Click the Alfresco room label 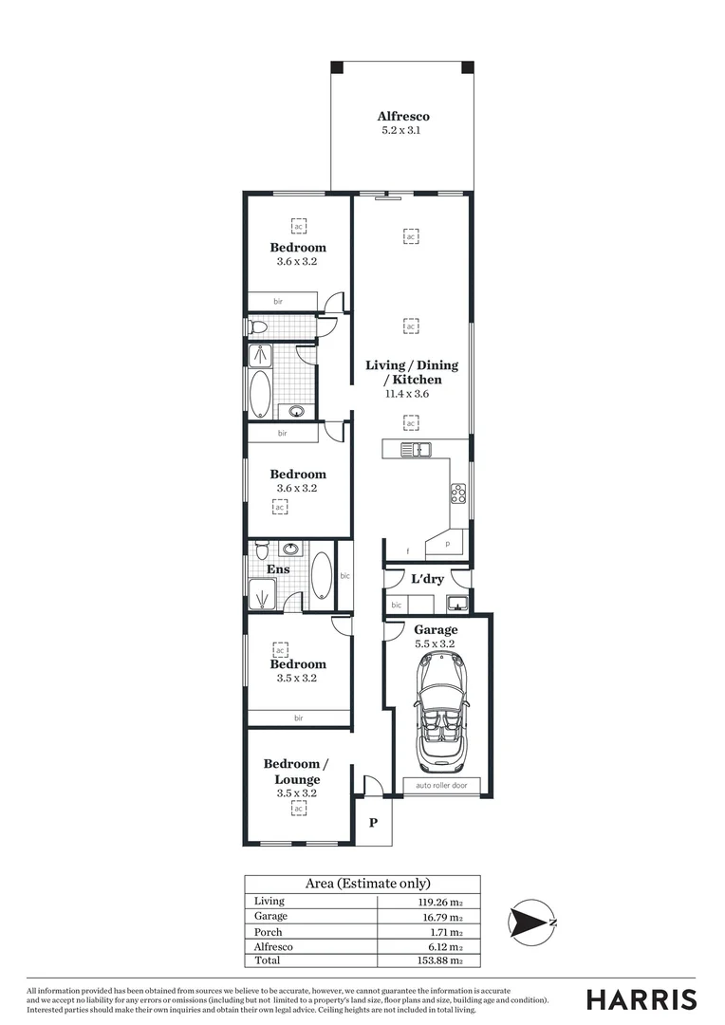[403, 116]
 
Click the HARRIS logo [641, 998]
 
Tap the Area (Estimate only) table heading [362, 884]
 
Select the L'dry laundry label [427, 579]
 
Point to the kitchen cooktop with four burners [457, 493]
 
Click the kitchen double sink [415, 450]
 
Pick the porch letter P [374, 823]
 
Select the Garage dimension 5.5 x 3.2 [436, 643]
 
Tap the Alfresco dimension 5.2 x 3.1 [403, 130]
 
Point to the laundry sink [456, 603]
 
